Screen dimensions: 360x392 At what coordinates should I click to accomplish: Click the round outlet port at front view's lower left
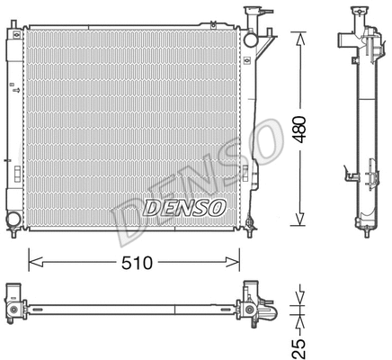[x=13, y=220]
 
